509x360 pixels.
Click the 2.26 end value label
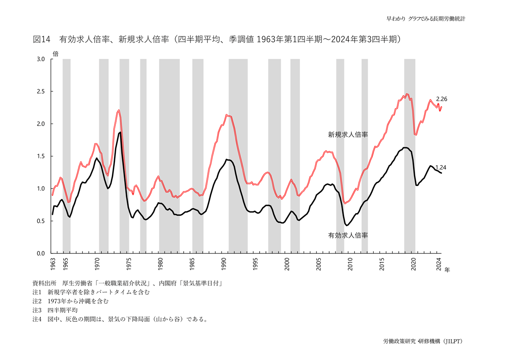click(442, 99)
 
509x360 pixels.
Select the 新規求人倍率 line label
click(347, 135)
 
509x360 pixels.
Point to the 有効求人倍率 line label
click(347, 234)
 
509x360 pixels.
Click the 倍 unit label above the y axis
click(55, 53)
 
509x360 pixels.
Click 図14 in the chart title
click(42, 39)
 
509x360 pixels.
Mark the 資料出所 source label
click(44, 283)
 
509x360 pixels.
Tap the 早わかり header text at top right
click(396, 19)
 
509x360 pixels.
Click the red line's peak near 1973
click(118, 110)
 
